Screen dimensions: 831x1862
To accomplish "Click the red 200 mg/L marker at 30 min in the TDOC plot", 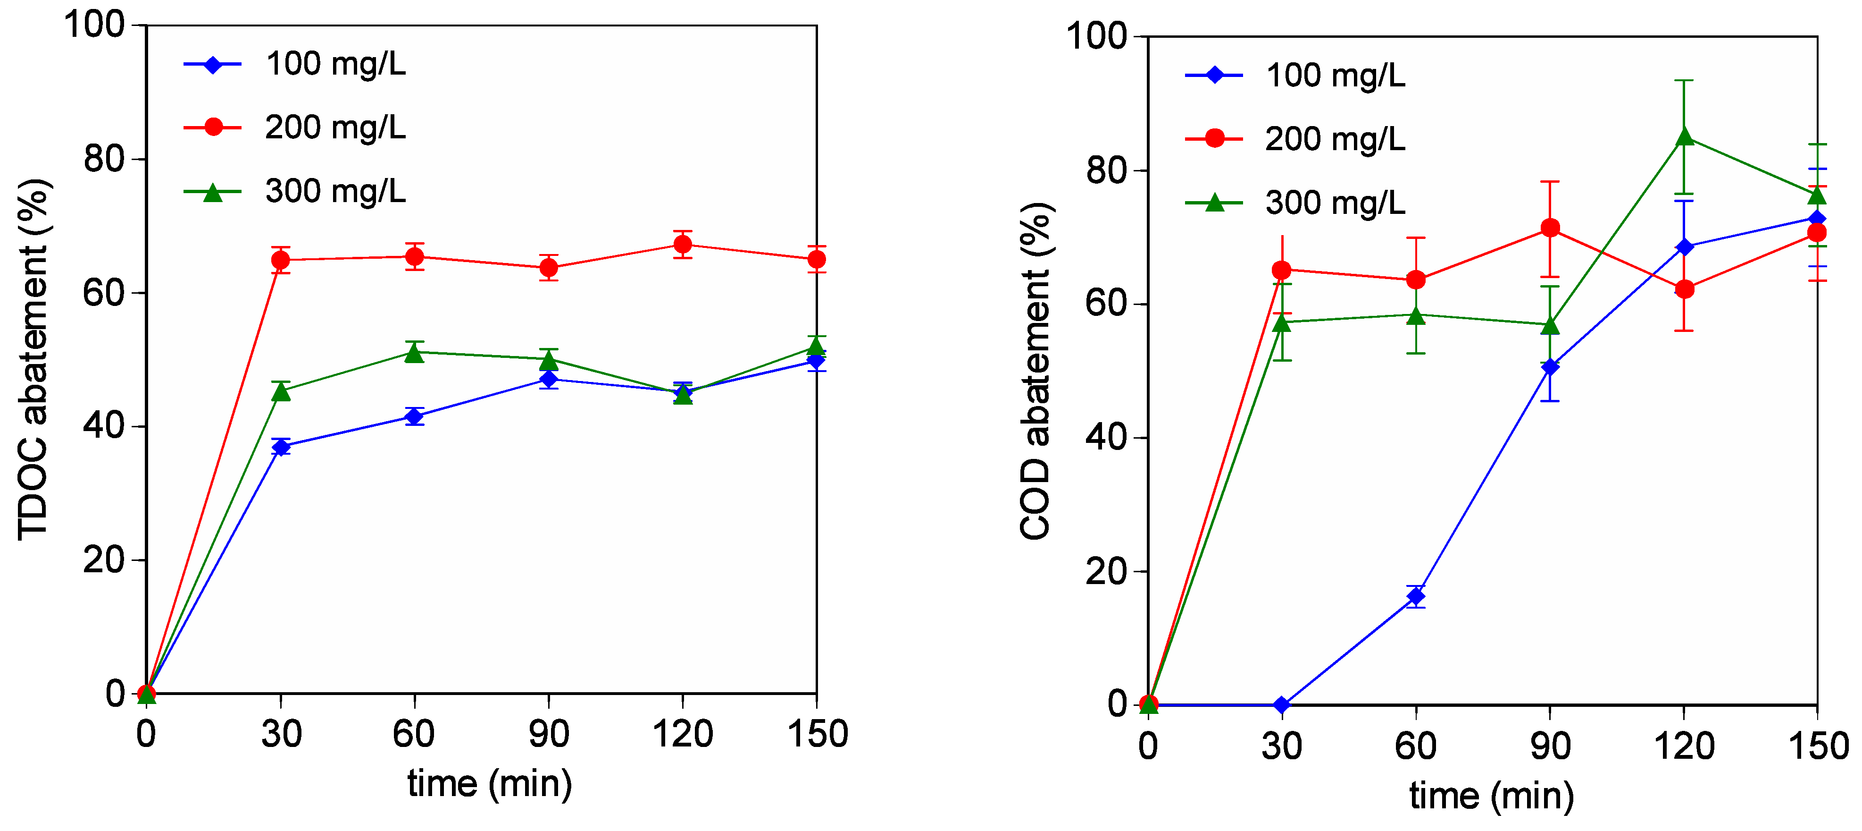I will (281, 260).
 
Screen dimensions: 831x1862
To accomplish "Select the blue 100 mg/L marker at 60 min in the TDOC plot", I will (414, 416).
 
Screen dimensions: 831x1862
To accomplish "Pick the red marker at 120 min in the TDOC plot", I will (682, 245).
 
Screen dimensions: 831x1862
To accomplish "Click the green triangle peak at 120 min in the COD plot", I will (1684, 137).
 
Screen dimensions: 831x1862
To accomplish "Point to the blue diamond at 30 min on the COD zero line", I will (1282, 704).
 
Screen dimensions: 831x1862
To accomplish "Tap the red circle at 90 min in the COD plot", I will (1550, 229).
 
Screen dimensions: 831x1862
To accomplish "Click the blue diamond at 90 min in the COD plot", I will (1550, 367).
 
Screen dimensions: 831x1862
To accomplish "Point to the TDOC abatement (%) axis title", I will (33, 359).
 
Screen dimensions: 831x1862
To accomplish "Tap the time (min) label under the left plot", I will (489, 784).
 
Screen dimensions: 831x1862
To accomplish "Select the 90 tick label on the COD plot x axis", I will (1550, 746).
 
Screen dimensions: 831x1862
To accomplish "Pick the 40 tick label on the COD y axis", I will (1106, 438).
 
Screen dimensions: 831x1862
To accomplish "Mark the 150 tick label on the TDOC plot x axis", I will (817, 735).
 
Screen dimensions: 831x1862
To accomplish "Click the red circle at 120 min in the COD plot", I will (1684, 289).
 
